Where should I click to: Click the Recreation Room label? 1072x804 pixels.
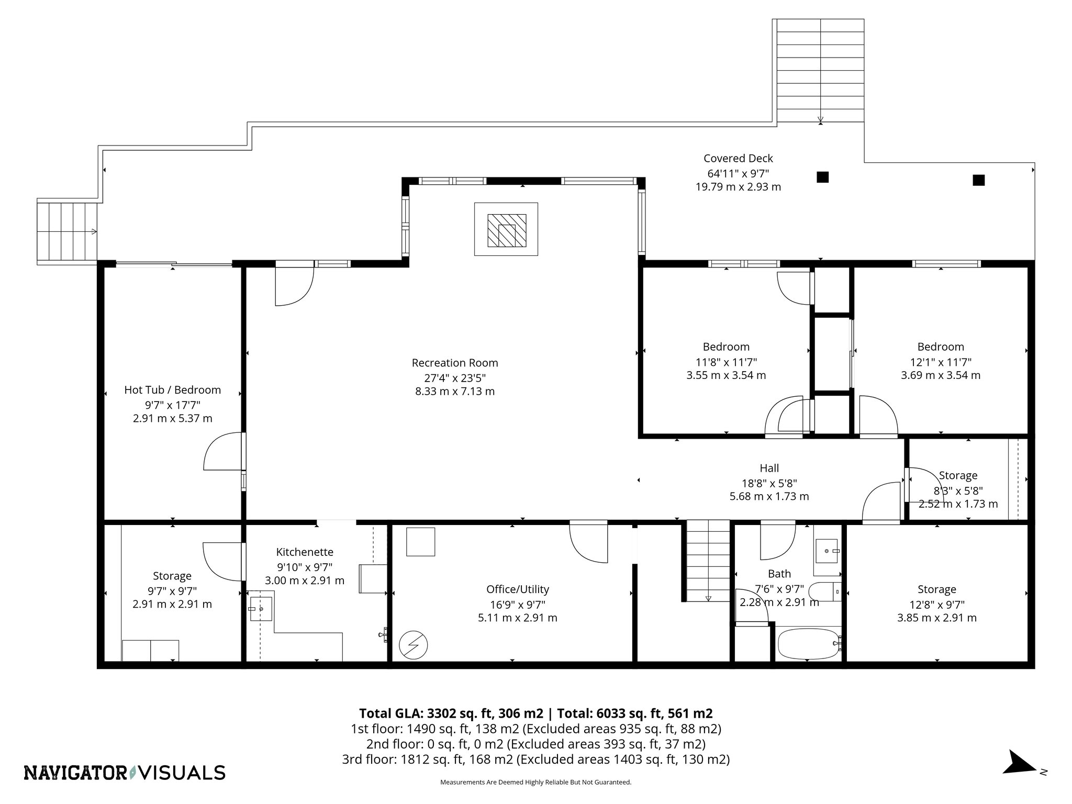click(x=454, y=363)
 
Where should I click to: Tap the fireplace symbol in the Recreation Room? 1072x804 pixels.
click(x=506, y=229)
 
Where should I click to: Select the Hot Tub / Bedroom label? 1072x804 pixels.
click(x=172, y=390)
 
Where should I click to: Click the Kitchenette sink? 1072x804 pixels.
click(x=261, y=608)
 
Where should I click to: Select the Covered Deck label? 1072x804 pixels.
click(x=738, y=159)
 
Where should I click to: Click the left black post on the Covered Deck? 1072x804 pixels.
click(x=822, y=177)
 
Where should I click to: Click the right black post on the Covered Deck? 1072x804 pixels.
click(x=978, y=180)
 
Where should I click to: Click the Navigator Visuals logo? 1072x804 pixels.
click(x=125, y=773)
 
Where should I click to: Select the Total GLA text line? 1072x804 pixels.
click(x=535, y=713)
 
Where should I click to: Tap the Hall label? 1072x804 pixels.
click(x=769, y=468)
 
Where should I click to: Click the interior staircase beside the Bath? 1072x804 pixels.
click(x=708, y=560)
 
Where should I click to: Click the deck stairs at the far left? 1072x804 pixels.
click(x=67, y=232)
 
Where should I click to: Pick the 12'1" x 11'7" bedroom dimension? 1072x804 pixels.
click(x=940, y=362)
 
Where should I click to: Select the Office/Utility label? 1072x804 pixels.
click(x=517, y=589)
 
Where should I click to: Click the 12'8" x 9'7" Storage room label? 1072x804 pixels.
click(x=936, y=589)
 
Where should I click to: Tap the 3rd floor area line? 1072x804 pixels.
click(x=535, y=760)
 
